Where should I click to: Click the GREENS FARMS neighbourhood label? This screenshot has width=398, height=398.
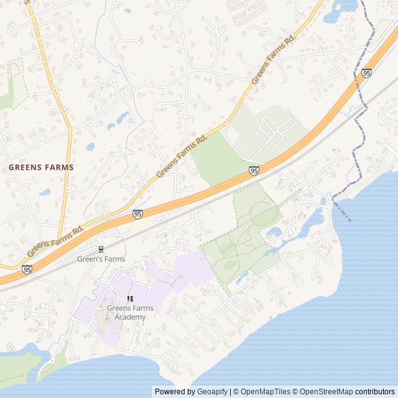(x=41, y=167)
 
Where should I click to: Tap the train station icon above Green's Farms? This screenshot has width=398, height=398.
(x=101, y=249)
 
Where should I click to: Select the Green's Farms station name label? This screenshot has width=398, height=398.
(x=101, y=259)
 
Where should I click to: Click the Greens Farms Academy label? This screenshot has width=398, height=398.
(x=130, y=313)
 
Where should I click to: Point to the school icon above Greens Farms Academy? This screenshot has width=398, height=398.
(x=130, y=299)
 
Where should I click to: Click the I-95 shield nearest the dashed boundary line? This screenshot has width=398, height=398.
(x=367, y=73)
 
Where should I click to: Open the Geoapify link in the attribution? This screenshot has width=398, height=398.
(x=212, y=392)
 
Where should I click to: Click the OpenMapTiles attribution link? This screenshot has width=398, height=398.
(x=261, y=392)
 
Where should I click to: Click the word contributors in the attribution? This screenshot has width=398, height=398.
(x=375, y=392)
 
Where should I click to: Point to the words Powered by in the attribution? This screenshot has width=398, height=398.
(x=175, y=392)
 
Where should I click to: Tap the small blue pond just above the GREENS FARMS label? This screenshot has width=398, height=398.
(x=90, y=147)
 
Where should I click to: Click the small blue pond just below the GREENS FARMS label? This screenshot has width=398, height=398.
(x=45, y=193)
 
